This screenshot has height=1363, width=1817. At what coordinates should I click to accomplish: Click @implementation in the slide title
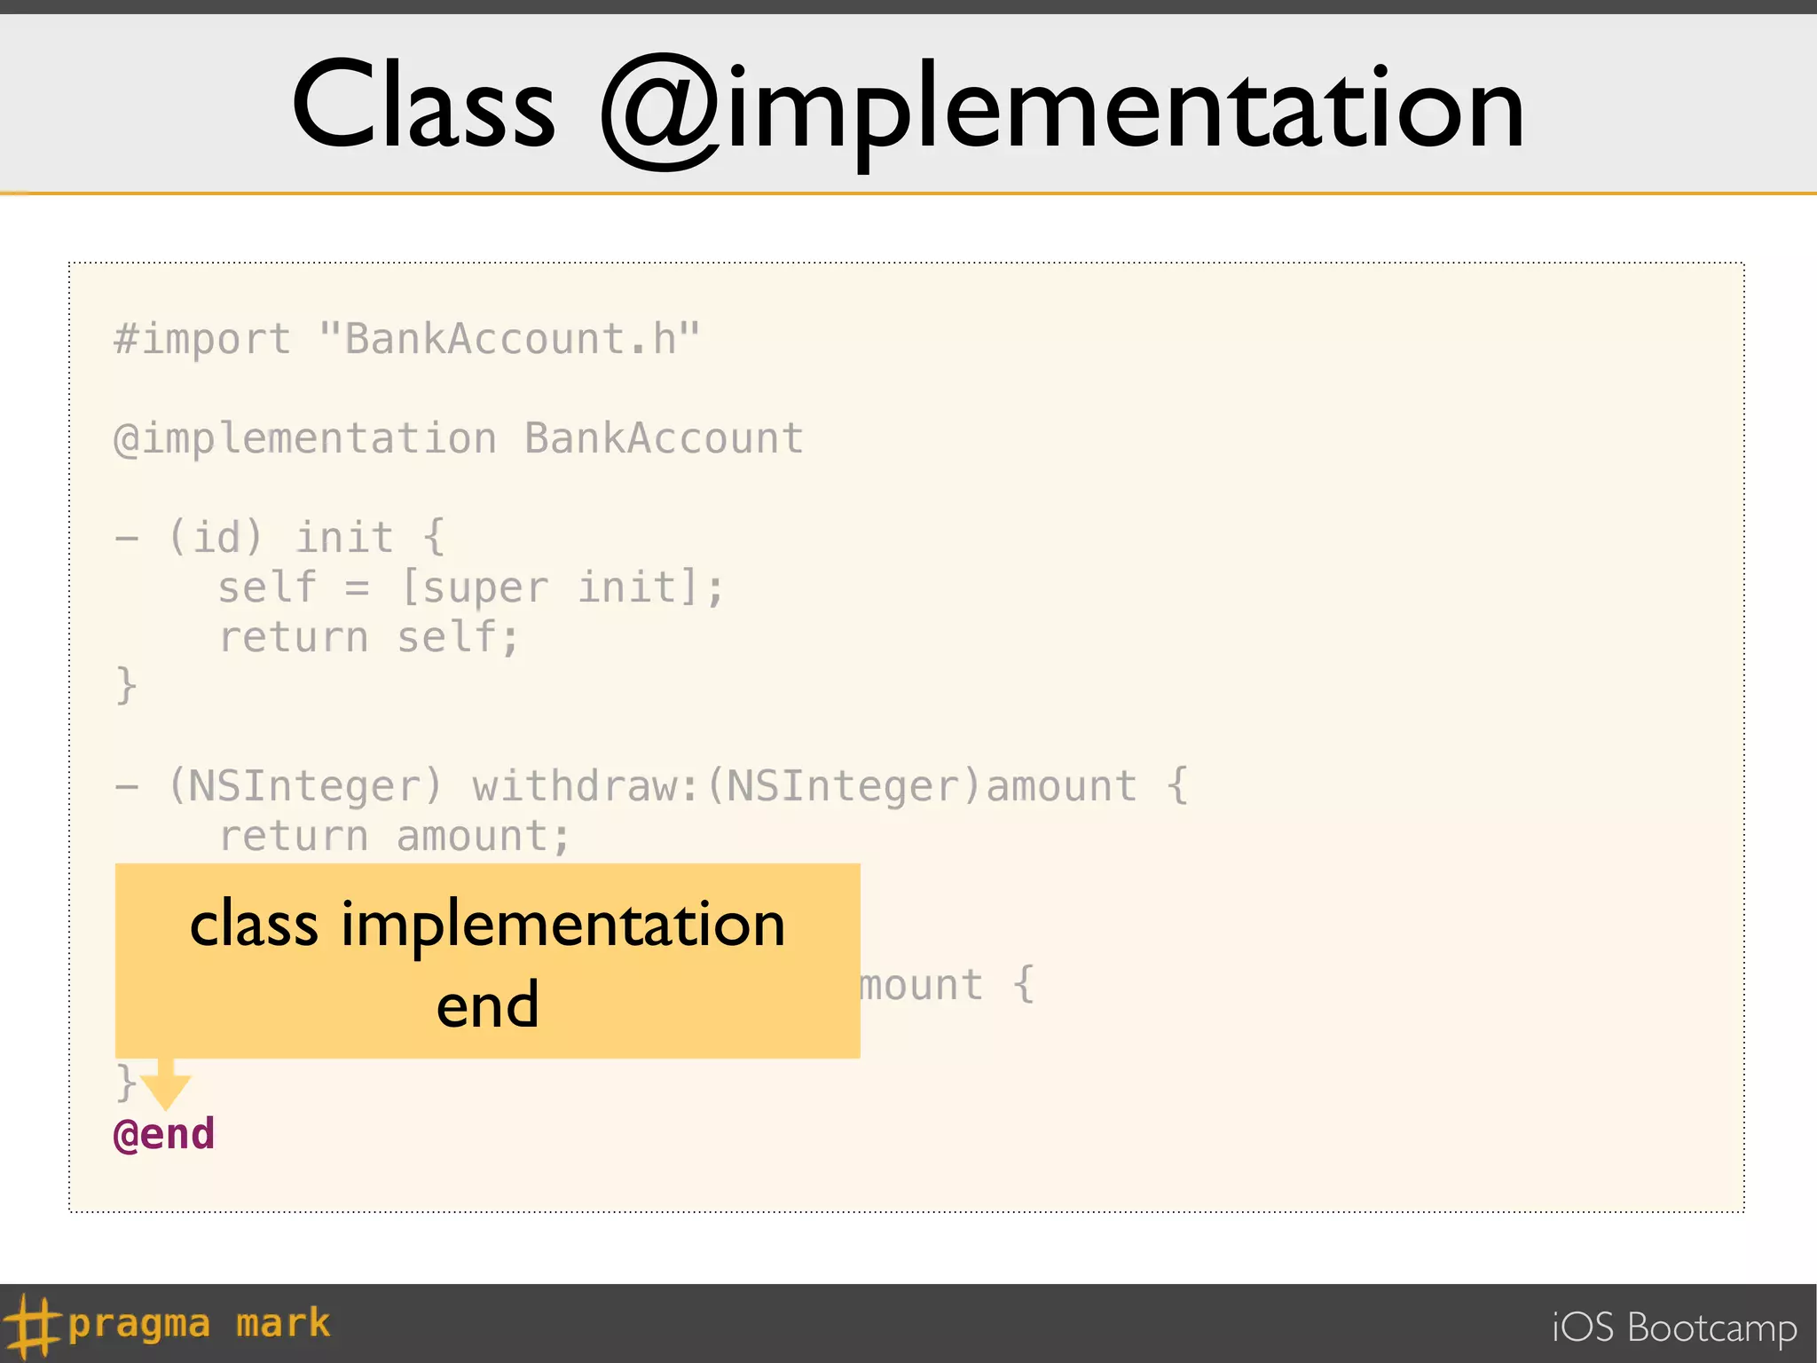1062,111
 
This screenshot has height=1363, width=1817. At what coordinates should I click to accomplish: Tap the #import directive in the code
202,340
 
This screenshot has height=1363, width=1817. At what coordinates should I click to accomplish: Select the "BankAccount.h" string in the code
509,340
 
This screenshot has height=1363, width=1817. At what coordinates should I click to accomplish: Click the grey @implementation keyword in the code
305,439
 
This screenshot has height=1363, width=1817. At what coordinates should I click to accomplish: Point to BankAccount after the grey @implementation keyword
664,439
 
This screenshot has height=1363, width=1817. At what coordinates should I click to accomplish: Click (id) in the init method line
216,538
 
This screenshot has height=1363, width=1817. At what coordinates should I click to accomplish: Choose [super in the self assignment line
475,588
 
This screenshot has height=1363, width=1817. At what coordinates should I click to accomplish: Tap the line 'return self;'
368,638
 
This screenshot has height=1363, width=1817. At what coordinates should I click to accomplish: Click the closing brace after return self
126,686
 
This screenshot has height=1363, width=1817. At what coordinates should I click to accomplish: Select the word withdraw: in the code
586,787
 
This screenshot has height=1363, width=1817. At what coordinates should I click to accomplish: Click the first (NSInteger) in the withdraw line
305,787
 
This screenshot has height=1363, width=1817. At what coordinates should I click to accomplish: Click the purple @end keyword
164,1135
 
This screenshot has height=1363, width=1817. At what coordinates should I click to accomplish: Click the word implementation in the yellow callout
562,926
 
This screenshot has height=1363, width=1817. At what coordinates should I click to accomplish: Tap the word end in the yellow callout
487,1005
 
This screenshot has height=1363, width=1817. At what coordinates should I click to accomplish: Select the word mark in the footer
283,1324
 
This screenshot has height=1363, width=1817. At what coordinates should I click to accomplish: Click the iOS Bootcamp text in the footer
1673,1328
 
